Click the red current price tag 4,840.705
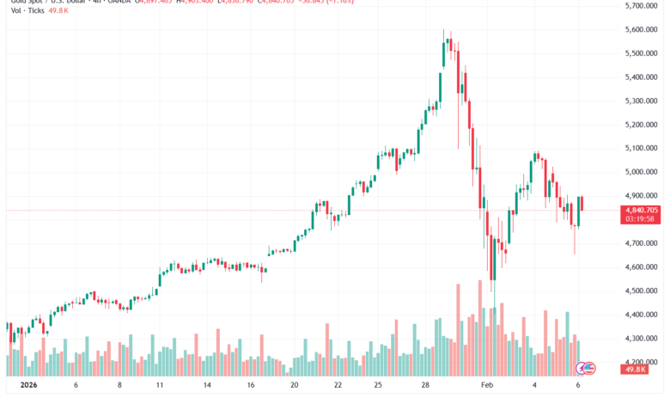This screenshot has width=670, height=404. pos(642,210)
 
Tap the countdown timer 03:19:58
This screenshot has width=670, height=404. pos(642,219)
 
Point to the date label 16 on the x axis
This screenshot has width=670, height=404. pos(249,386)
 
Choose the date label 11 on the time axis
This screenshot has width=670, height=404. pos(160,386)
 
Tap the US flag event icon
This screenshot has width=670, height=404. pos(589,367)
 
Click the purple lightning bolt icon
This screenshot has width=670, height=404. pos(582,367)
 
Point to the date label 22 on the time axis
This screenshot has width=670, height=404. pos(338,386)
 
